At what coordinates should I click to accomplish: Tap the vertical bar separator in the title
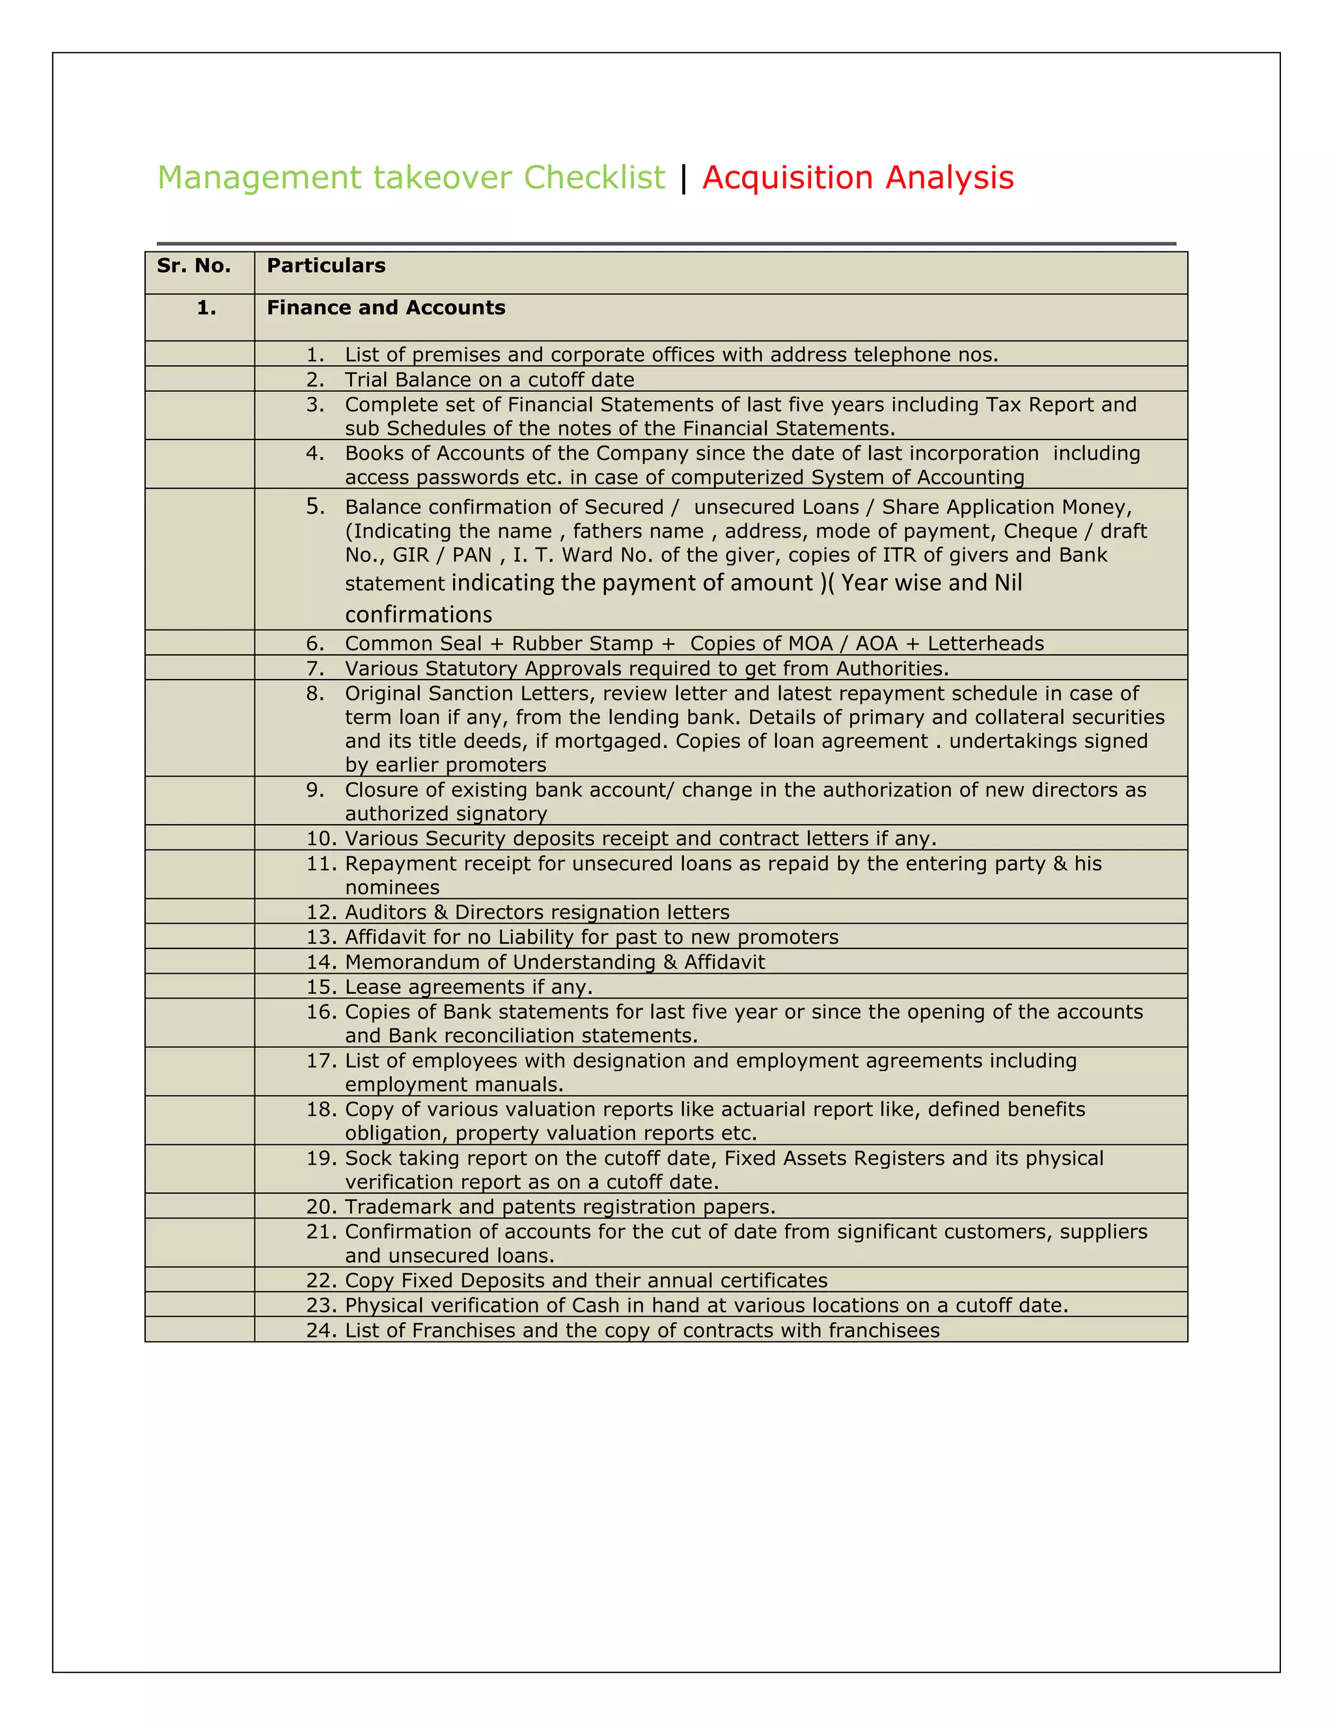click(683, 178)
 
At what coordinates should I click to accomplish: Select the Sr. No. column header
click(193, 266)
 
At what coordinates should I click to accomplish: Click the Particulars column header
click(326, 266)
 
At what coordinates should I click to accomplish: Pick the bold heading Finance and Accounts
click(385, 308)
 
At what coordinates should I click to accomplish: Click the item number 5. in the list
click(315, 506)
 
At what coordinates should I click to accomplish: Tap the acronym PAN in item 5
click(471, 555)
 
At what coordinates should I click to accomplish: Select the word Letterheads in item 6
click(985, 644)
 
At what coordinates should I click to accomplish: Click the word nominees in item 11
click(392, 888)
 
